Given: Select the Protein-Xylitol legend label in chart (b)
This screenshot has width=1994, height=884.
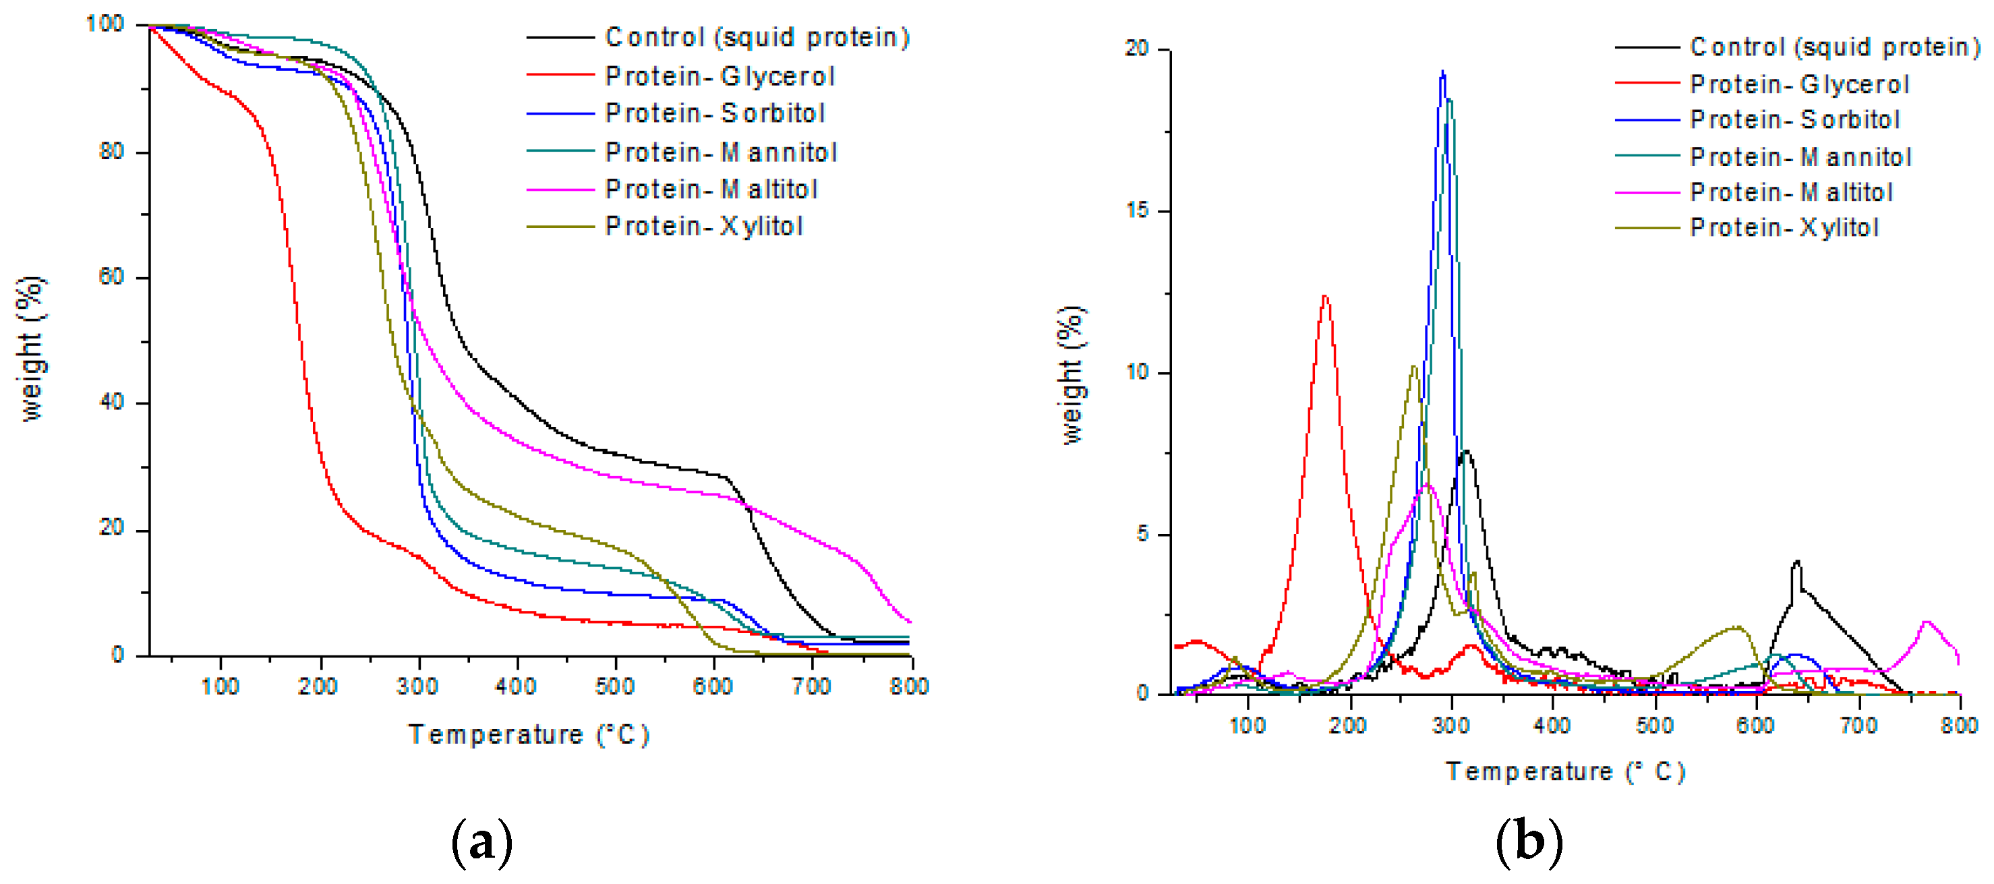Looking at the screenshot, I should coord(1784,228).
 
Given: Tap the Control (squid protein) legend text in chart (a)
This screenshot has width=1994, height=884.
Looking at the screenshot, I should coord(757,37).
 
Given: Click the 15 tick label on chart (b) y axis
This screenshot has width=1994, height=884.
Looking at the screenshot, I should coord(1137,210).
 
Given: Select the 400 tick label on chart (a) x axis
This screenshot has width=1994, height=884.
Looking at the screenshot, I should coord(517,686).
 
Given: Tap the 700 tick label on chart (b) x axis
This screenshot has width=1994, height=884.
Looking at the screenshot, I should coord(1858,726).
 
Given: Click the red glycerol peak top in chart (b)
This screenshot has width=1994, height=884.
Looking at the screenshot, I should coord(1325,296).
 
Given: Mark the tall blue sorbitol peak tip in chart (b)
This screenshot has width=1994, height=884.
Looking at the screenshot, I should coord(1442,71).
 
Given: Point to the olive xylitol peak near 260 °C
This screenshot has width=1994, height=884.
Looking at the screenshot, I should coord(1413,366).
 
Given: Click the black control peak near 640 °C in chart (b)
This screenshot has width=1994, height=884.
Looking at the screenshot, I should coord(1796,561).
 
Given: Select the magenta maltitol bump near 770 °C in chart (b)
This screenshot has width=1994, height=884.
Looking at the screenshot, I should coord(1927,622).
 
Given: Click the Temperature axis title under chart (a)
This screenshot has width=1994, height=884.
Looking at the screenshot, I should coord(529,734).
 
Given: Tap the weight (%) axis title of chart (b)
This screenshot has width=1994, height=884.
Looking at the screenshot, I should coord(1072,375).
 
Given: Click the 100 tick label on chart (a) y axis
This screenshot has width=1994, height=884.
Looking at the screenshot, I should coord(105,24).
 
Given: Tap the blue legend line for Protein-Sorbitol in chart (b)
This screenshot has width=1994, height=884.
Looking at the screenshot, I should coord(1647,120).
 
